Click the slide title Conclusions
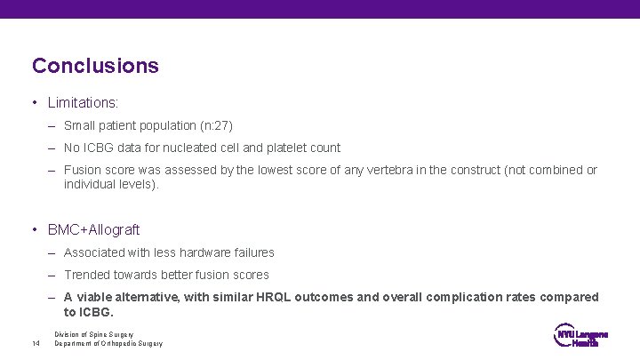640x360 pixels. click(95, 66)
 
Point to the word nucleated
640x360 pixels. click(189, 148)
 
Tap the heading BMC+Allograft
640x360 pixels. click(93, 229)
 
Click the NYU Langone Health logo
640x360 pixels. click(580, 338)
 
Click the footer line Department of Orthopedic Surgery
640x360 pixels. click(108, 343)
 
